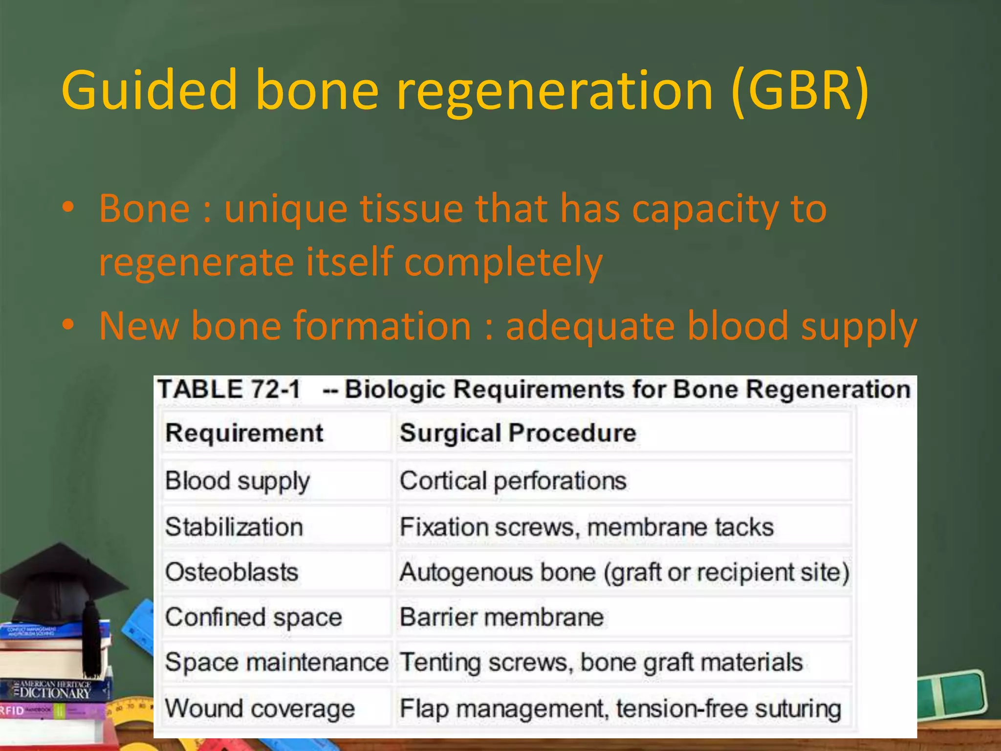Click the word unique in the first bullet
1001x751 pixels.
point(285,209)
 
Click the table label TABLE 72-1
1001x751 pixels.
point(229,390)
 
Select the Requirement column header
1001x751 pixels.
point(244,433)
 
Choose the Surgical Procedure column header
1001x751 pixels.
point(518,433)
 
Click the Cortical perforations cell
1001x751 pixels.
point(513,481)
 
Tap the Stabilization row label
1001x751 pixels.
point(234,527)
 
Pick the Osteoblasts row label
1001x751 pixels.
point(232,572)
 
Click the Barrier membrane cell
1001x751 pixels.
point(501,617)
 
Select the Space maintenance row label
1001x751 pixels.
point(277,663)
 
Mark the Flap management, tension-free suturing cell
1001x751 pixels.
point(620,708)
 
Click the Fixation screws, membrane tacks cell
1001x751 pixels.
point(587,527)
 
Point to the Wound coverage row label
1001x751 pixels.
point(260,708)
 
